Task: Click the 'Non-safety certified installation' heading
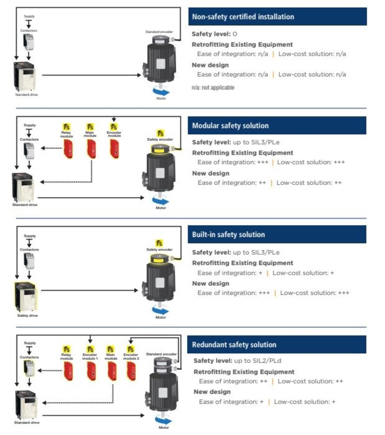coord(243,17)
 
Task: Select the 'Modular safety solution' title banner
coord(230,126)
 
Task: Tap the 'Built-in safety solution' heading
coord(228,235)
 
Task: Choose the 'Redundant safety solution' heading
coord(234,345)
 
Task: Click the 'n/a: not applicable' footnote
coord(213,88)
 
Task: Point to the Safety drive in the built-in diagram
coord(26,296)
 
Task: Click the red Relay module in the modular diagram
coord(68,149)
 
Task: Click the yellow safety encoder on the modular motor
coord(160,149)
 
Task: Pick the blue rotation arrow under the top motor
coord(161,92)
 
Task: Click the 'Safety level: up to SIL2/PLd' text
coord(237,361)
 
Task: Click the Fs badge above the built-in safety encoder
coord(159,243)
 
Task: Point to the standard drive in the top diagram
coord(25,77)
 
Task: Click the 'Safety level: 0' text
coord(214,34)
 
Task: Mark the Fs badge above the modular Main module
coord(90,127)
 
